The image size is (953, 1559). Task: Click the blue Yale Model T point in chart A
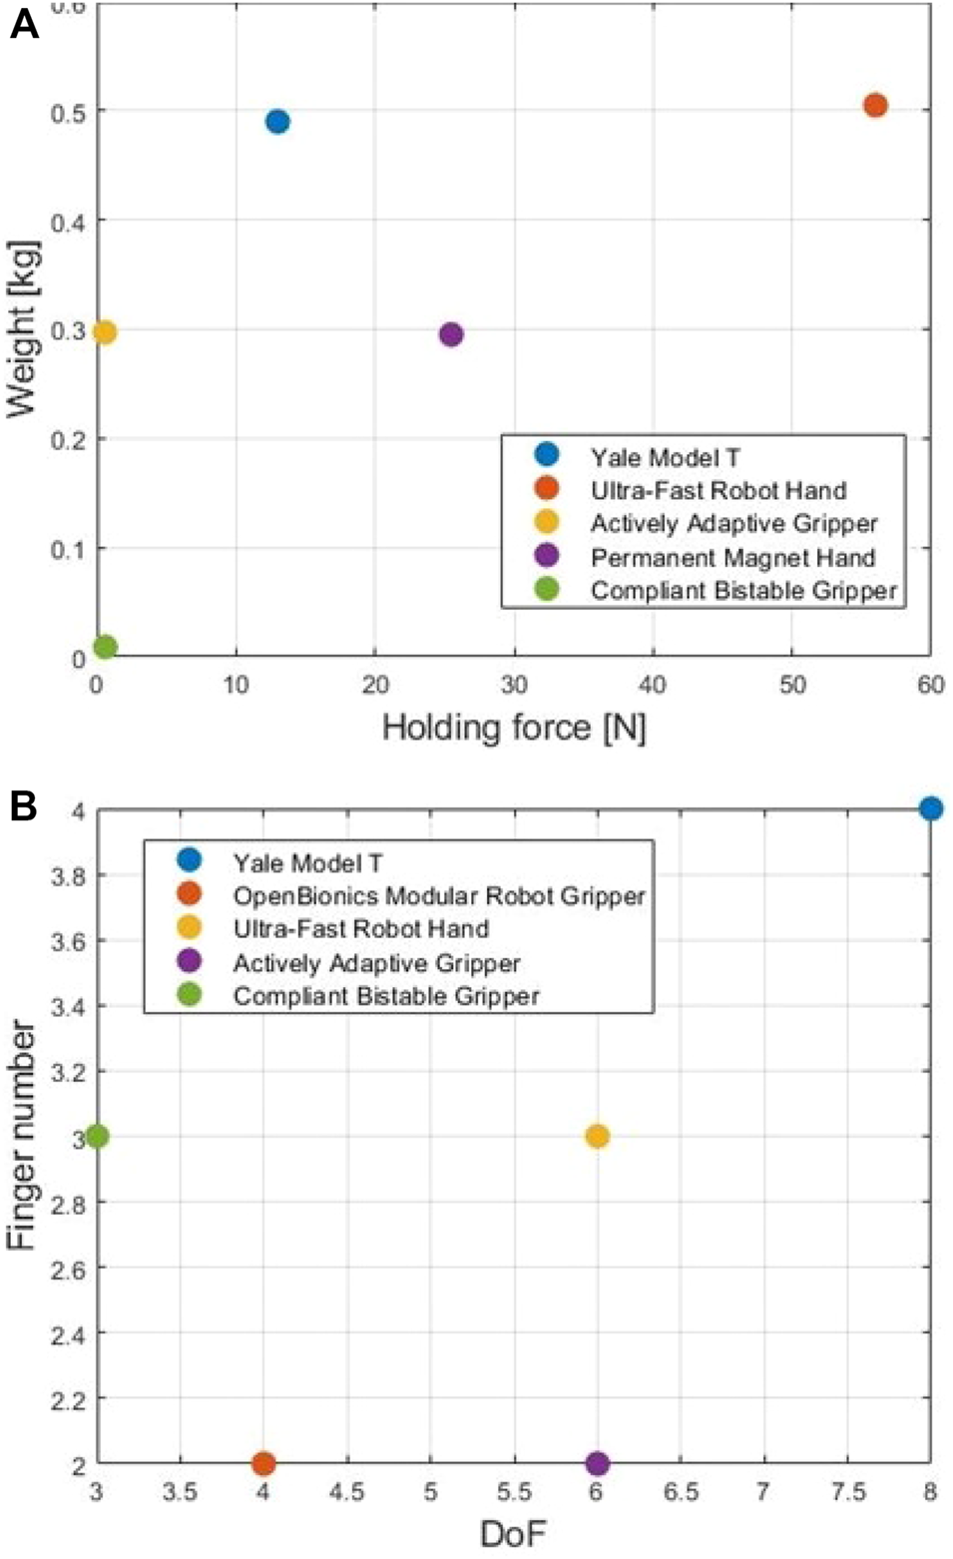277,122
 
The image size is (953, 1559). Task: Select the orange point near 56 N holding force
875,105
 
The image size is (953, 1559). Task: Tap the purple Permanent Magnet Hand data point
451,334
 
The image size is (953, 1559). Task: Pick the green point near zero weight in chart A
105,647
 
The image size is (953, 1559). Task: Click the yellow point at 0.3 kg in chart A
104,331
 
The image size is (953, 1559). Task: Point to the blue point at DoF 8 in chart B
930,808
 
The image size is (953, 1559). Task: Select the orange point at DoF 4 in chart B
263,1464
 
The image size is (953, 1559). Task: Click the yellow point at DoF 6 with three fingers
597,1136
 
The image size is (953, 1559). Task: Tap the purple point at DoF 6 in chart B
597,1464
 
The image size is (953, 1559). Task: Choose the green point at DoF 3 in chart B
97,1136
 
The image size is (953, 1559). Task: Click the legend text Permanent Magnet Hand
732,557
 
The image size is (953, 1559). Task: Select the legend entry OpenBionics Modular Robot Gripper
439,895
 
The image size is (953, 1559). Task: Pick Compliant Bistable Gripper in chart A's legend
743,590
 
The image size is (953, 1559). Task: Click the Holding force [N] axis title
514,727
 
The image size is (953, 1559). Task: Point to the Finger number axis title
22,1136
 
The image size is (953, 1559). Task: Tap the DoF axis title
513,1533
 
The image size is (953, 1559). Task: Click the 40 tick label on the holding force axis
653,685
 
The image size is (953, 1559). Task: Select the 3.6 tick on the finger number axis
68,941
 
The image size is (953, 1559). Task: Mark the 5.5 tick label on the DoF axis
513,1492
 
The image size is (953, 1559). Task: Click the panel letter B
23,805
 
